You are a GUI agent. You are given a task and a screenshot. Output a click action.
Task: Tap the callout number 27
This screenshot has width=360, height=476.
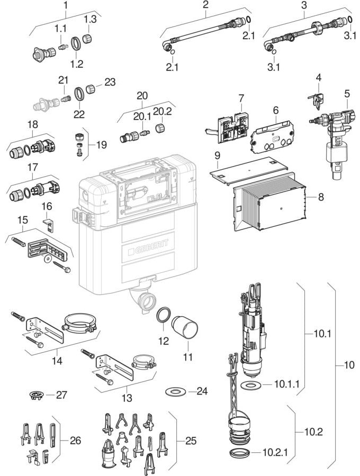pos(62,395)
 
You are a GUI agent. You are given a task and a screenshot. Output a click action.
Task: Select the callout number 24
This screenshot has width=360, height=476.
pos(202,391)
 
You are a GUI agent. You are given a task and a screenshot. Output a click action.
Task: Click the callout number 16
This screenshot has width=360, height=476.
pos(47,206)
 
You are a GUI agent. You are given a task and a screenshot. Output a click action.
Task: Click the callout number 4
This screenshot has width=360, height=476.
pos(318,78)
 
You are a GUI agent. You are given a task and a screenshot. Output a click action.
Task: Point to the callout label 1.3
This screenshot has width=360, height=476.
pos(89,20)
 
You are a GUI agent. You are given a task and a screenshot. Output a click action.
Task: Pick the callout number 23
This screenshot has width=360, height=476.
pos(110,82)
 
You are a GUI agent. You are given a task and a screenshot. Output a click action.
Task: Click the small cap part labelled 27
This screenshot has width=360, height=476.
pos(36,395)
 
